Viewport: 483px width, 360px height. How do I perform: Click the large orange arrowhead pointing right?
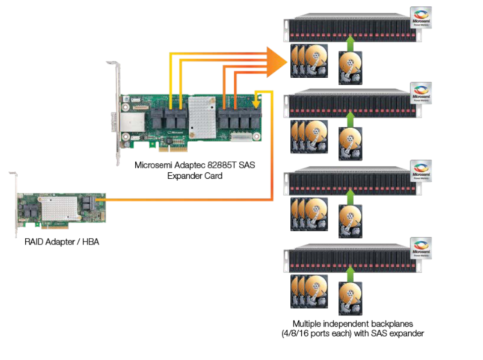pyautogui.click(x=277, y=62)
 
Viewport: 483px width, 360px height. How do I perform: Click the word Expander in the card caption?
pyautogui.click(x=184, y=176)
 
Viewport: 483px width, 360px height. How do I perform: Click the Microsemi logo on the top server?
pyautogui.click(x=421, y=17)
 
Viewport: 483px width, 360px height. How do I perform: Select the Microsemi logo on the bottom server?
pyautogui.click(x=421, y=248)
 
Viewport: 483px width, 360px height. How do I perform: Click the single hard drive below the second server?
pyautogui.click(x=350, y=144)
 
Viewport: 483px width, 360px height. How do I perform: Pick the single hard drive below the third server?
pyautogui.click(x=350, y=220)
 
